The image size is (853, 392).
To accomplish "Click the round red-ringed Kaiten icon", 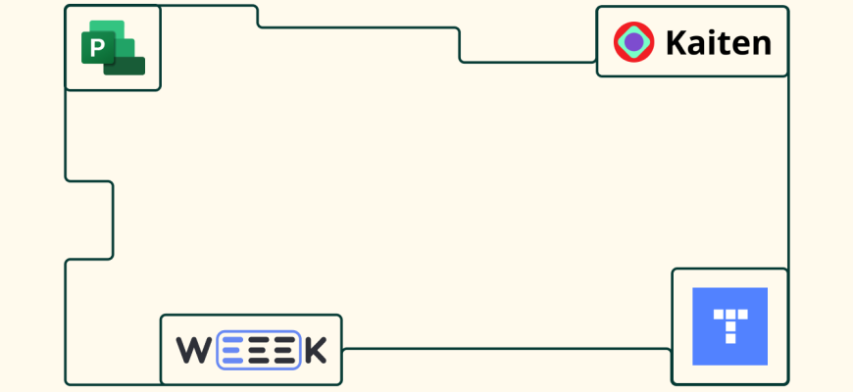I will click(634, 41).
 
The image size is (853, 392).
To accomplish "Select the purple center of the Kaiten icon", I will click(634, 41).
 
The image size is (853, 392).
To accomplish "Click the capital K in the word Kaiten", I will click(676, 42).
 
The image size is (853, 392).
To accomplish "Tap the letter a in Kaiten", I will click(697, 44).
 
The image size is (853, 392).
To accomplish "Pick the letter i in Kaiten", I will click(713, 41).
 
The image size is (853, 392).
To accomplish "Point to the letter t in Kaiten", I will click(725, 42).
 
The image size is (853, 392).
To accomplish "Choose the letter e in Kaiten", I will click(740, 44).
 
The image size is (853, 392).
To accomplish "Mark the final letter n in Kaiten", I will click(761, 44).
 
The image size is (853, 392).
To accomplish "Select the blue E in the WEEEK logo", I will click(231, 350).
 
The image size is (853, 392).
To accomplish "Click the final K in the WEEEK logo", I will click(315, 350).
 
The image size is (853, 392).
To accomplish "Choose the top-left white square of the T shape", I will click(719, 315).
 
